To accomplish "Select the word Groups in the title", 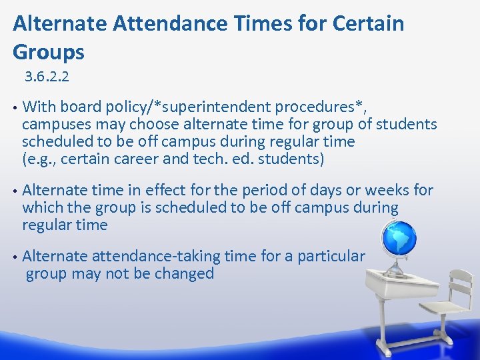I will [49, 52].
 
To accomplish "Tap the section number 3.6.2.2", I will [47, 77].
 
